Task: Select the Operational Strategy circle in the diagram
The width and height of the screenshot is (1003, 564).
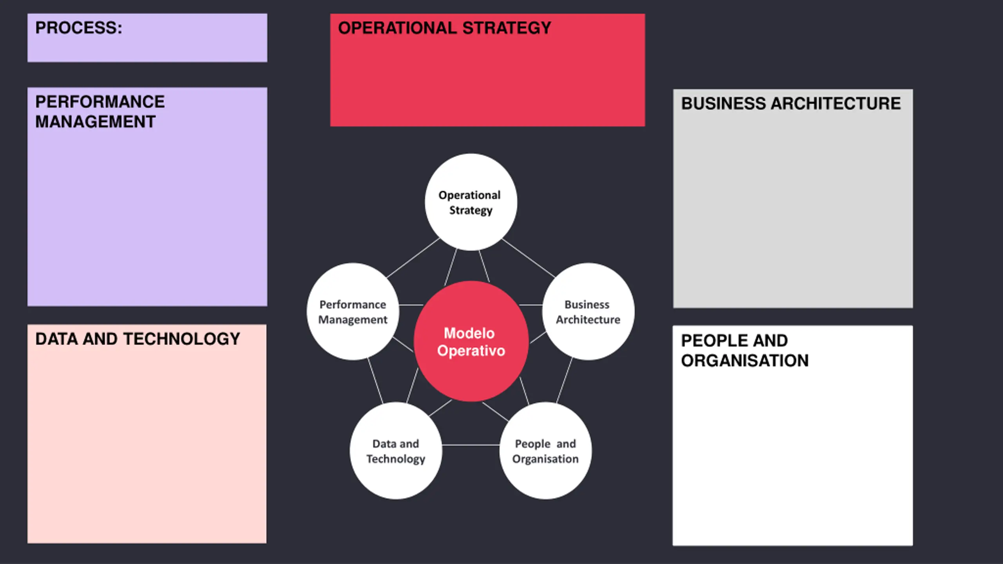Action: coord(471,202)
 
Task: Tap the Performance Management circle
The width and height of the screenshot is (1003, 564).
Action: coord(353,312)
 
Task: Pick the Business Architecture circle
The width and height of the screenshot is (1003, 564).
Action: coord(588,312)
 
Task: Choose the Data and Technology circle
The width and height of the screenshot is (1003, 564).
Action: coord(396,451)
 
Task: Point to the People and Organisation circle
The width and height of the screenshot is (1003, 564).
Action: coord(545,451)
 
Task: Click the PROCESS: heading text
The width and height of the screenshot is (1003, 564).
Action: coord(79,28)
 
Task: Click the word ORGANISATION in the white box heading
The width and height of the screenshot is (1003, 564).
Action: coord(745,360)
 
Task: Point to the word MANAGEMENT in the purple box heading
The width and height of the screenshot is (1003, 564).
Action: coord(95,122)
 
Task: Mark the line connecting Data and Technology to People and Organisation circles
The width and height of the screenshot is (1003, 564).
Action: coord(471,445)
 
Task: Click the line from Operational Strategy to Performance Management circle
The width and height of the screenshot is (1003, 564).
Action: coord(413,258)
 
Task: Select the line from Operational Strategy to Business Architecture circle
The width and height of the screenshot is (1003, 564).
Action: coord(529,258)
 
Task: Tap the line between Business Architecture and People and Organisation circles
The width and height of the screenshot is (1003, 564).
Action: coord(564,380)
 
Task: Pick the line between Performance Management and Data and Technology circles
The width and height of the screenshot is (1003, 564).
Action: coord(375,380)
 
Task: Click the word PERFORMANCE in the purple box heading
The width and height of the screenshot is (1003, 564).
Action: coord(100,102)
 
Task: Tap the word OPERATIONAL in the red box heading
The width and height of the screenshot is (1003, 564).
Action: coord(397,28)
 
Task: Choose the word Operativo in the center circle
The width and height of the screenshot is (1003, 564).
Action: coord(471,351)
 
